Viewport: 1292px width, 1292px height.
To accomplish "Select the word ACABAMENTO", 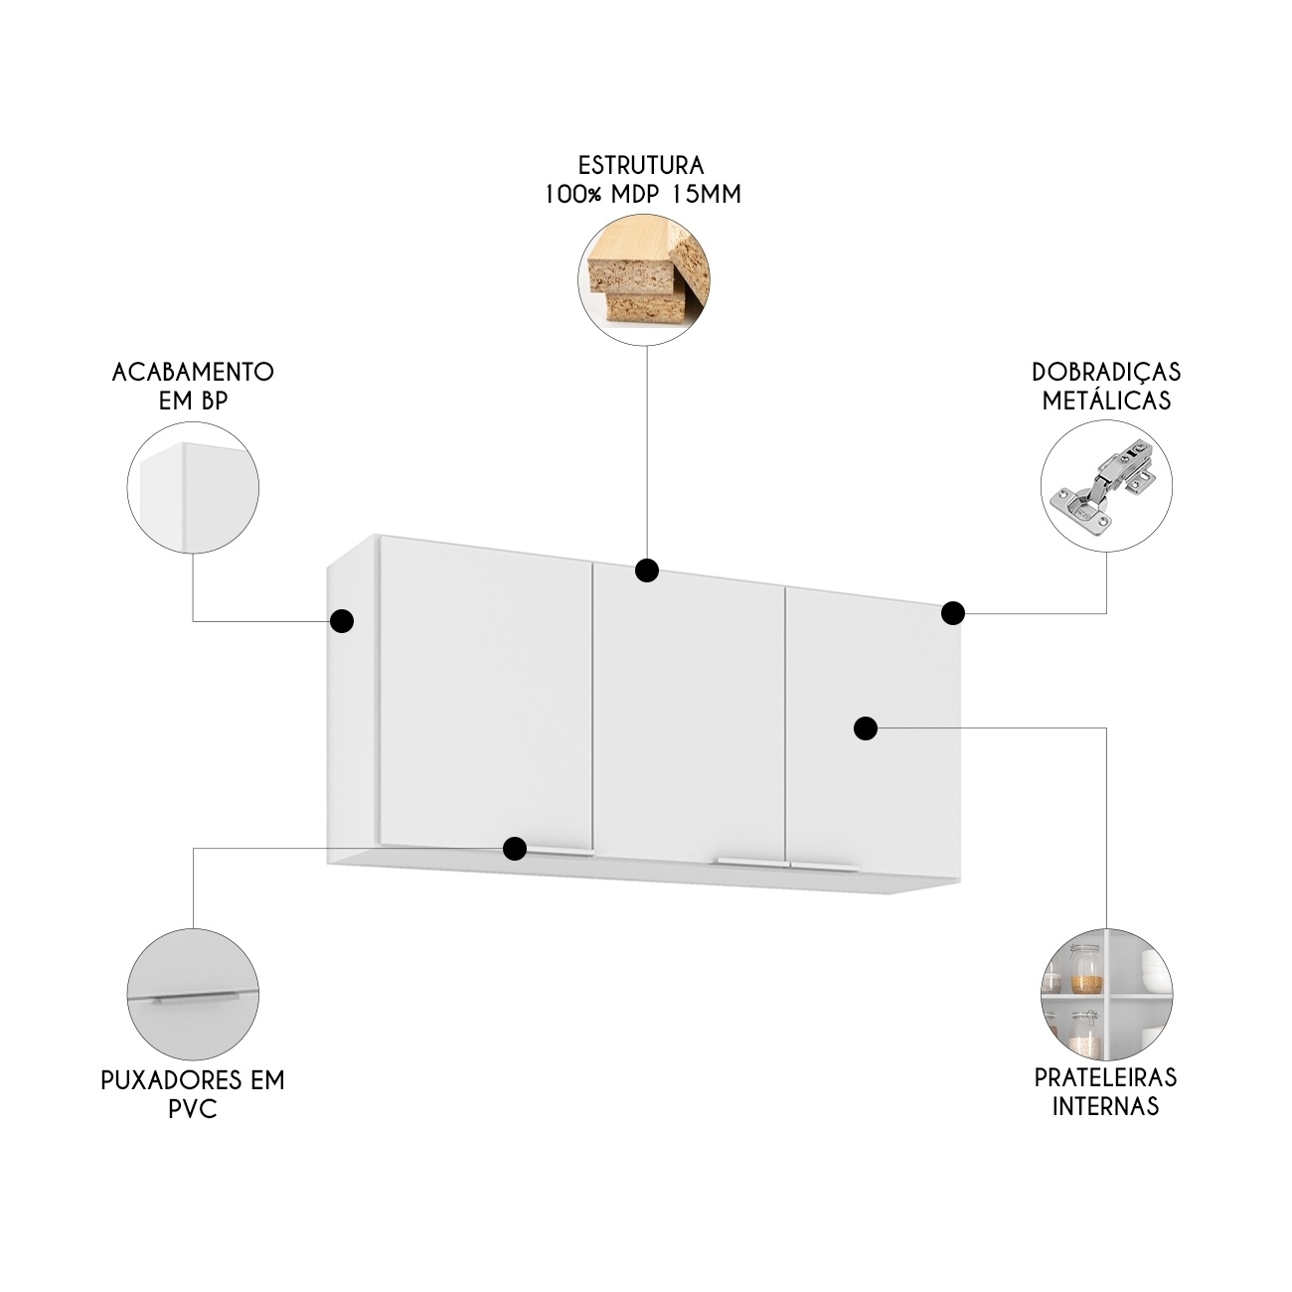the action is pyautogui.click(x=193, y=372).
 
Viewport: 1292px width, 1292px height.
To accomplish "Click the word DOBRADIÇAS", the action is pyautogui.click(x=1106, y=372).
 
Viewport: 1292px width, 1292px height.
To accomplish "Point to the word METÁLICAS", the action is pyautogui.click(x=1106, y=401).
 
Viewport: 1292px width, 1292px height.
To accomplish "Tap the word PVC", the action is pyautogui.click(x=193, y=1110).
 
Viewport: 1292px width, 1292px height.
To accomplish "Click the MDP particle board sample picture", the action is pyautogui.click(x=643, y=279).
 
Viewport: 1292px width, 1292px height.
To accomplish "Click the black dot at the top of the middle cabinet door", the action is pyautogui.click(x=646, y=570).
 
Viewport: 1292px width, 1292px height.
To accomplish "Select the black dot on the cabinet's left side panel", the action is pyautogui.click(x=342, y=621).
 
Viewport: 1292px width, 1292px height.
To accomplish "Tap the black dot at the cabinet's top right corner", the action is pyautogui.click(x=953, y=612).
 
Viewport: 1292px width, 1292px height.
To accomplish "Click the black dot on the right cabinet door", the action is pyautogui.click(x=867, y=727).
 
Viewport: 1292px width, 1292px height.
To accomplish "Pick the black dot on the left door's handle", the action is pyautogui.click(x=514, y=848).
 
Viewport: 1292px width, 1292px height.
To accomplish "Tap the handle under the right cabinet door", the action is pyautogui.click(x=825, y=868).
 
